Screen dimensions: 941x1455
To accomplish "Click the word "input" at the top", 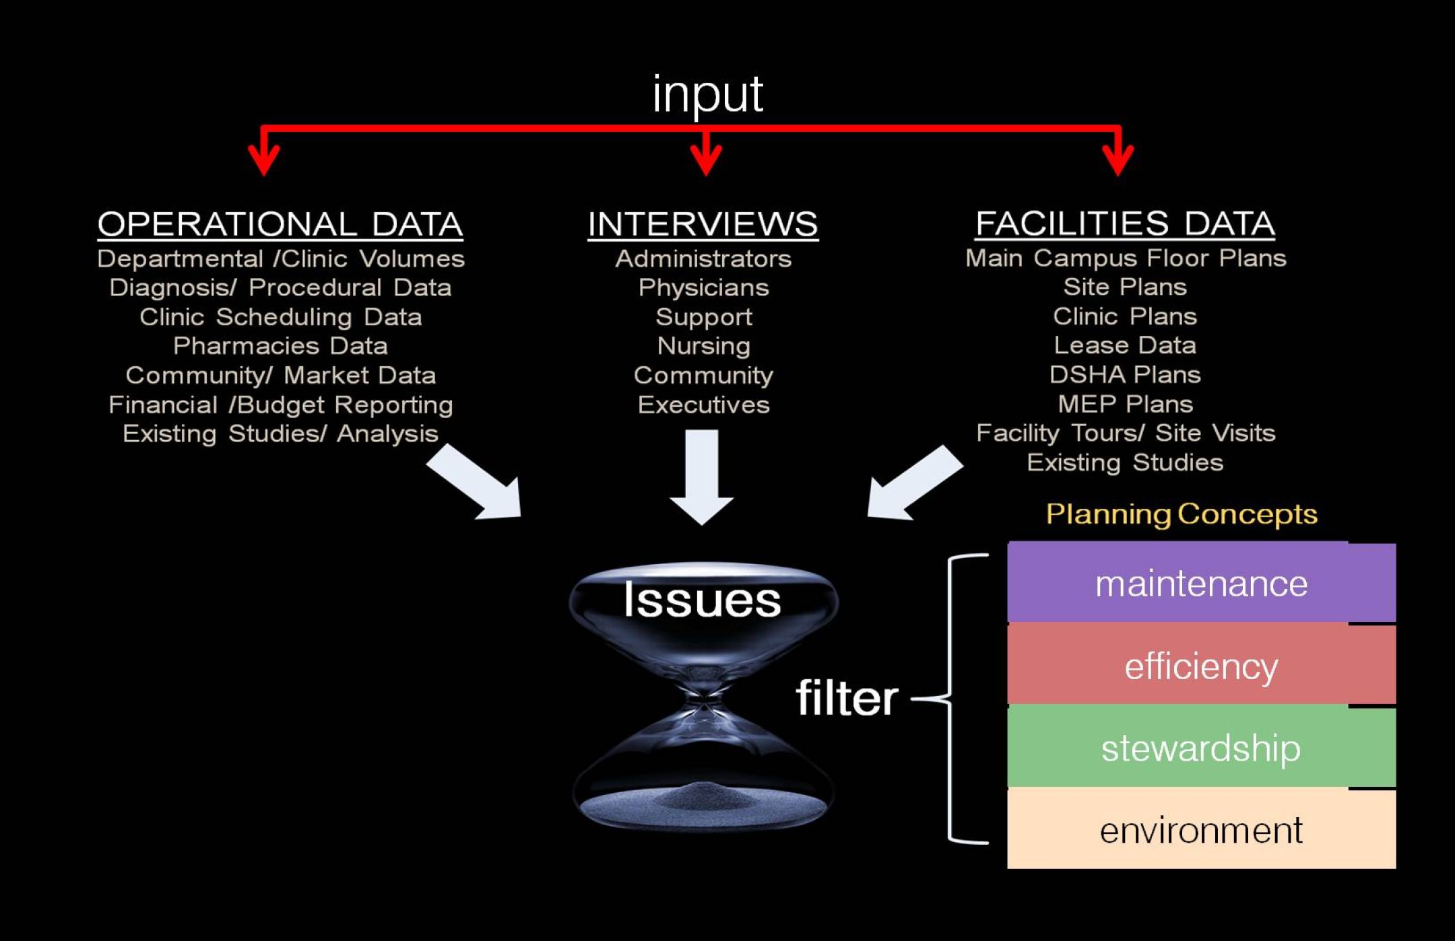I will coord(707,94).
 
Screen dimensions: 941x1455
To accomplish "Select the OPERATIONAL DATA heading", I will coord(280,224).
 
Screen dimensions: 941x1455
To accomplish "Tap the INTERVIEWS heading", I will coord(703,224).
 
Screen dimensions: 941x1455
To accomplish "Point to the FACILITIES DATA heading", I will coord(1125,223).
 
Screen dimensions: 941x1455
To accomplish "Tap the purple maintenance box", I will coord(1201,583).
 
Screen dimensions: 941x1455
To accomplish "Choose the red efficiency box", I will coord(1201,666).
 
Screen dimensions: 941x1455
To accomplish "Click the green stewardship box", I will coord(1201,748).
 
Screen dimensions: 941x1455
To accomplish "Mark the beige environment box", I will coord(1201,830).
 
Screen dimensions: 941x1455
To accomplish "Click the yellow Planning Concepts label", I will coord(1182,514).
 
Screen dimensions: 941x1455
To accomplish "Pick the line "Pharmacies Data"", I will coord(280,346).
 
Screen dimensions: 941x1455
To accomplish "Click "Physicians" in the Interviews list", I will coord(703,288).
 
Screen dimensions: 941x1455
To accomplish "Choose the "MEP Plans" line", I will coord(1125,404).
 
